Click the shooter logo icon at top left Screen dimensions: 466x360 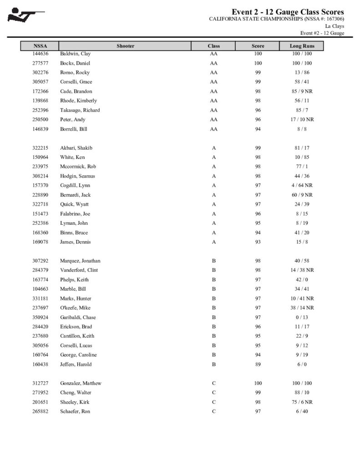(x=26, y=15)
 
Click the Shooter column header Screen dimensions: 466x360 (x=125, y=46)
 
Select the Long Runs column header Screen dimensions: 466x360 (x=302, y=46)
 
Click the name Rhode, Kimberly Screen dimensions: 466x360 (x=78, y=101)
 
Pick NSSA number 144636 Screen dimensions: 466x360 (x=40, y=54)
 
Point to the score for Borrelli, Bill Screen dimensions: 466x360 (x=258, y=129)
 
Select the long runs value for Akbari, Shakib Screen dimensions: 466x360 (x=302, y=148)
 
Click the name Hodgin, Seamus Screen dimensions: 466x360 (x=78, y=176)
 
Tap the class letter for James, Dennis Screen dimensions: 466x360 (x=214, y=242)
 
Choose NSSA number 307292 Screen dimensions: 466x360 (x=40, y=261)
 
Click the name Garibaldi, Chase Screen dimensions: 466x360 (x=78, y=318)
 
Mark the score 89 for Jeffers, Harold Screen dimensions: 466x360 (x=258, y=365)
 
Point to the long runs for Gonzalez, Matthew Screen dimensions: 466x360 (x=302, y=383)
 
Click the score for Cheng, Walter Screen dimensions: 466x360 (x=258, y=393)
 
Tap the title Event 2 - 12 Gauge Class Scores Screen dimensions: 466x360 (x=288, y=12)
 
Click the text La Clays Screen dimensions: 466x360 (x=335, y=26)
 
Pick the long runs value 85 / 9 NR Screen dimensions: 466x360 (x=302, y=91)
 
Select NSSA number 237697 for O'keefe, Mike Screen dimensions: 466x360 (x=40, y=308)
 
